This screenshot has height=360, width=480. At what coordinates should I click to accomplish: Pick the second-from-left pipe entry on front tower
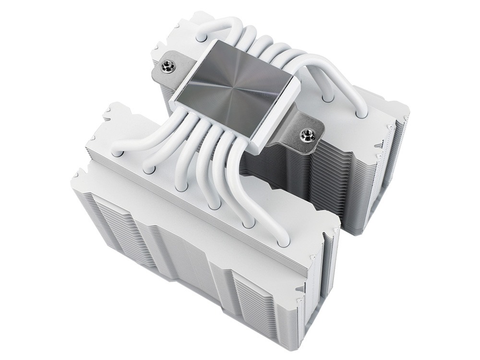click(x=148, y=168)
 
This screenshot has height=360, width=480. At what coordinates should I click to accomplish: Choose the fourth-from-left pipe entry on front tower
click(x=215, y=205)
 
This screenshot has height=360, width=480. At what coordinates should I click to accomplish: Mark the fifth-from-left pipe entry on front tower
click(x=248, y=224)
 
